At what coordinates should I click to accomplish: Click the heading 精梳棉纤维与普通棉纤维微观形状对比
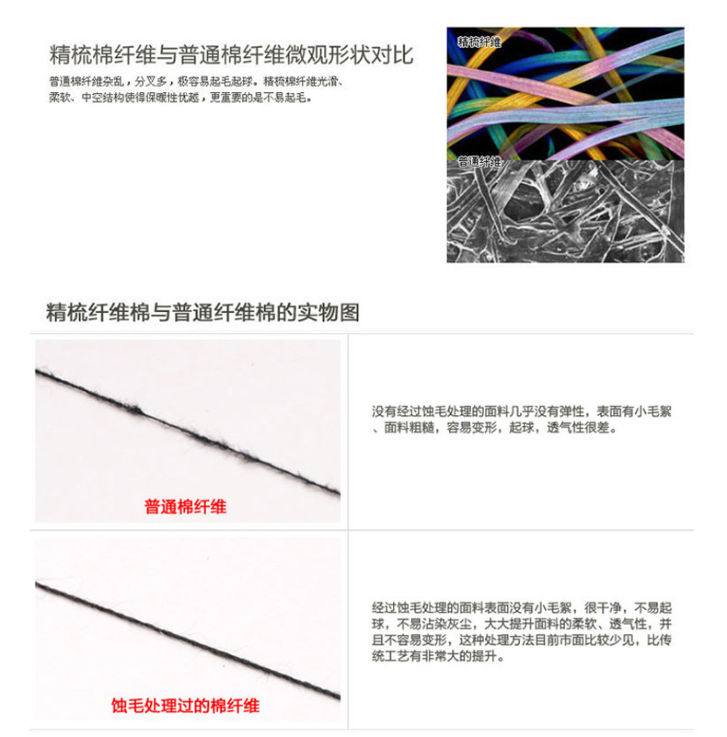[231, 54]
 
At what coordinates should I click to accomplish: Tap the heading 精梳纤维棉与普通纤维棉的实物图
[202, 313]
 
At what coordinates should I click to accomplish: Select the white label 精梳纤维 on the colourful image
[479, 41]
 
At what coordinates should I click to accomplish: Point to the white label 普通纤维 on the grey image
[479, 162]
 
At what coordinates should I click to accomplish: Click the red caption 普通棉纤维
[185, 507]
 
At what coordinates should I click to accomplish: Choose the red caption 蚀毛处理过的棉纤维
[185, 706]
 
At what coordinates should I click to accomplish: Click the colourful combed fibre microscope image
[565, 94]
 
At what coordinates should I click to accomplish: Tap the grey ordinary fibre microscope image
[565, 211]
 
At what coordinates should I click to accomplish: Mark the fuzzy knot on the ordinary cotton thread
[134, 409]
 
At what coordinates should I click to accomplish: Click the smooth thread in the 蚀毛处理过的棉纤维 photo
[187, 641]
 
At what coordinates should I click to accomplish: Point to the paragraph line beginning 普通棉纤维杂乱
[197, 82]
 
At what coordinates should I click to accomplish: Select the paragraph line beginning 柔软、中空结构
[180, 98]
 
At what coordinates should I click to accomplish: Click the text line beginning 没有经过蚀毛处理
[522, 411]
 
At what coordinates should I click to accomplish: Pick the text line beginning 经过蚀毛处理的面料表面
[522, 608]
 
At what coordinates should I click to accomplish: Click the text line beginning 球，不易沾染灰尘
[522, 624]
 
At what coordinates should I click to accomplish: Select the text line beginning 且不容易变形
[522, 639]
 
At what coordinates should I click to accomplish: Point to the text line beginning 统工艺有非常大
[438, 656]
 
